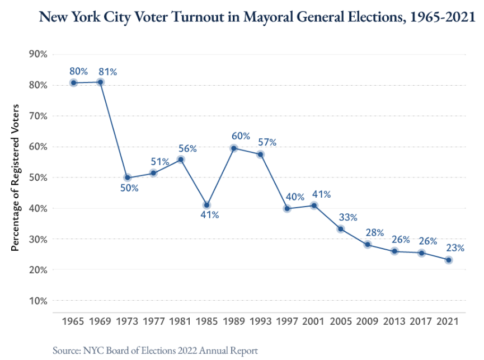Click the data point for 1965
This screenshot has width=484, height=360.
(x=73, y=83)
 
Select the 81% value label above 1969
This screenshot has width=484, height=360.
(x=107, y=72)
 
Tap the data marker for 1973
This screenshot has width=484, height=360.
(x=127, y=178)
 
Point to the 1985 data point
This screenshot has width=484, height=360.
(x=207, y=205)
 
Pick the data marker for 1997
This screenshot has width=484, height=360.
(x=288, y=209)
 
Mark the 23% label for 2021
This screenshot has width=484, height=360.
(x=455, y=247)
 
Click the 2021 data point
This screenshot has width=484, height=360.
(x=448, y=260)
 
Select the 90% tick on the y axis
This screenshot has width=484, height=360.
(x=37, y=54)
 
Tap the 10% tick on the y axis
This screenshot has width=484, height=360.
(x=37, y=301)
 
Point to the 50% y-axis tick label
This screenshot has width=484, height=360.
(x=37, y=177)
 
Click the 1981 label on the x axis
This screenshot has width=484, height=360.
(x=180, y=322)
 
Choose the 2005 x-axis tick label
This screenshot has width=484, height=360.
(x=341, y=322)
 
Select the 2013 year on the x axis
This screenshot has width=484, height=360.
(x=394, y=322)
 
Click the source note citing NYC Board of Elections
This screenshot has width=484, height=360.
(x=155, y=350)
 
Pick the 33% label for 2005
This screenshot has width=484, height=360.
(x=347, y=217)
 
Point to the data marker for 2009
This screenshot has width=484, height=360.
(x=368, y=245)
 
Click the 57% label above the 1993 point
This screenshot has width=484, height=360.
(x=266, y=142)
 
